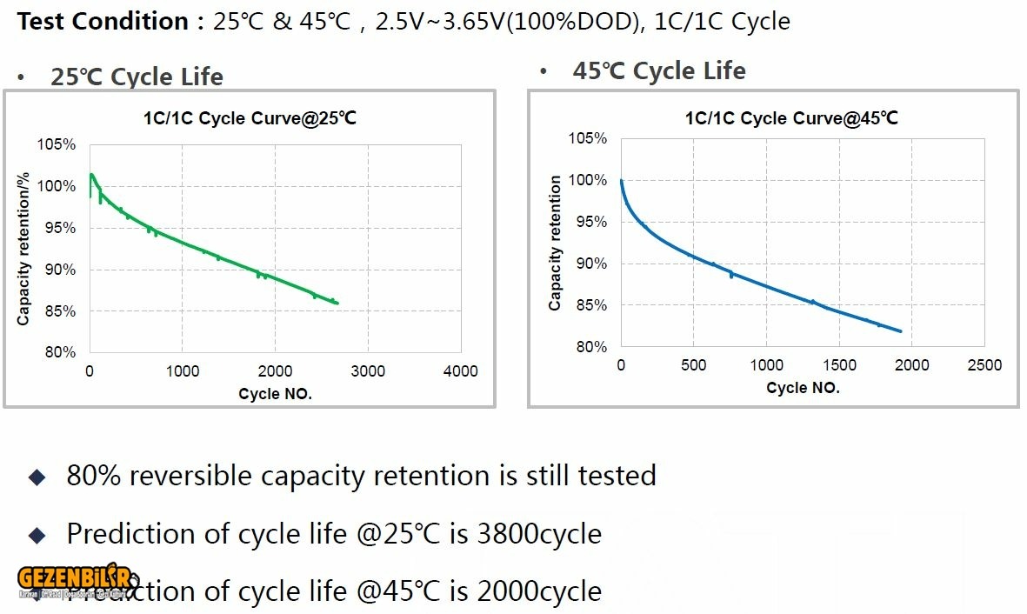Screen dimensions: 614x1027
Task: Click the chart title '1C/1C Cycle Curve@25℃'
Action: coord(250,119)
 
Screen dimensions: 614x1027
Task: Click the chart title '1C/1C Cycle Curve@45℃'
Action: coord(791,118)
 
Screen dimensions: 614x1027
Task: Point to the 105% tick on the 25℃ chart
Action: coord(57,144)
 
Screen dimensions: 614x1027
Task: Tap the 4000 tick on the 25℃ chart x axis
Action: coord(460,371)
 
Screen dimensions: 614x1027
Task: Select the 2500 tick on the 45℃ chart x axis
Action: coord(984,365)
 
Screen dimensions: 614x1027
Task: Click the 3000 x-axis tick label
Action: coord(368,371)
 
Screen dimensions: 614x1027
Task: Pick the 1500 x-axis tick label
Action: coord(839,365)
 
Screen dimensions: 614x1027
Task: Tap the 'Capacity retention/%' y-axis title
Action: coord(23,248)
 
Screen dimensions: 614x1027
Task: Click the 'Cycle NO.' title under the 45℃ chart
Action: coord(803,388)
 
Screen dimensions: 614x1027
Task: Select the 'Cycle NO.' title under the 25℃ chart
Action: coord(275,394)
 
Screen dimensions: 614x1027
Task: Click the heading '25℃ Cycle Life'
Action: coord(137,77)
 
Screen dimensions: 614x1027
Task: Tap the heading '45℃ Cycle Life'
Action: coord(658,70)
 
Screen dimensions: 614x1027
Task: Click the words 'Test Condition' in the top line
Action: coord(103,21)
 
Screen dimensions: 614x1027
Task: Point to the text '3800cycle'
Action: coord(539,533)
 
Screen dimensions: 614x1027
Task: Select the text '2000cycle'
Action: coord(539,591)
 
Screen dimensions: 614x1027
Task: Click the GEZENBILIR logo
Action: coord(74,581)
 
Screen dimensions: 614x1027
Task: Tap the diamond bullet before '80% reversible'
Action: coord(37,477)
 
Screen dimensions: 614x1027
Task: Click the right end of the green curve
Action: coord(337,303)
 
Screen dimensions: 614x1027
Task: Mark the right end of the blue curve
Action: coord(901,331)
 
